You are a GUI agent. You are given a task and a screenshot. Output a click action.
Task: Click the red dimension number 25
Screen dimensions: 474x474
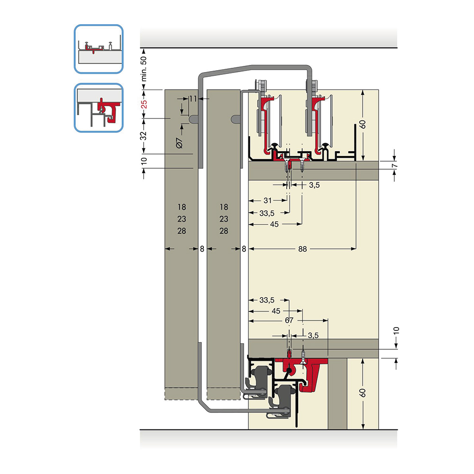[144, 104]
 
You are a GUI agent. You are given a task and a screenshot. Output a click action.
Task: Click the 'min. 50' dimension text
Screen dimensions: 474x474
[144, 69]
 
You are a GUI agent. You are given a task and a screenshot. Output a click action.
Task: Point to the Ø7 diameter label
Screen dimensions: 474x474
[179, 143]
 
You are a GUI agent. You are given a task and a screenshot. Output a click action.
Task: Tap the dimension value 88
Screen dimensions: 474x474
[302, 249]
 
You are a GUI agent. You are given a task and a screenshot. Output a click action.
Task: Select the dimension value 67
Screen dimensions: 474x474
[289, 320]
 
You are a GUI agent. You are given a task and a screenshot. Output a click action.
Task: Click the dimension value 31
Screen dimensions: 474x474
[267, 200]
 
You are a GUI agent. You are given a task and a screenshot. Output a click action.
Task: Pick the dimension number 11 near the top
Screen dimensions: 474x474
[193, 99]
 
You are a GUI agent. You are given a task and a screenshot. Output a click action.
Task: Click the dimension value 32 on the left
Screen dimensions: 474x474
[144, 136]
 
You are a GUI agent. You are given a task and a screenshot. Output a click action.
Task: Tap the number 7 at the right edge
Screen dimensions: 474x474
[394, 166]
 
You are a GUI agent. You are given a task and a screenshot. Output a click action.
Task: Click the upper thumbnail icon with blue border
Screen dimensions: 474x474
[99, 49]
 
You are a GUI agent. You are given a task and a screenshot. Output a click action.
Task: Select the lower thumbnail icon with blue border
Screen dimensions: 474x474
[99, 108]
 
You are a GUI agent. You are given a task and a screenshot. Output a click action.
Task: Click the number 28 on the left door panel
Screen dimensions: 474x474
[182, 231]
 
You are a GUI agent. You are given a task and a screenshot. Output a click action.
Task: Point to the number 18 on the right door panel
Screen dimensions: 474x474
[224, 207]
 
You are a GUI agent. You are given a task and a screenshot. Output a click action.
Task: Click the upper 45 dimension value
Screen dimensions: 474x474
[274, 224]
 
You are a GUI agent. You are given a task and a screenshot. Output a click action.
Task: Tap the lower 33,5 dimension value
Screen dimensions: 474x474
[266, 300]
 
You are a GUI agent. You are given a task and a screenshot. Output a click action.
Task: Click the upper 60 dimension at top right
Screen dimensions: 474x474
[363, 124]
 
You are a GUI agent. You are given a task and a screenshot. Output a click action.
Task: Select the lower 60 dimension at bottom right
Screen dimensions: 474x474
[363, 393]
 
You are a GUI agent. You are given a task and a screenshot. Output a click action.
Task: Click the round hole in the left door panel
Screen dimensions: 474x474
[193, 119]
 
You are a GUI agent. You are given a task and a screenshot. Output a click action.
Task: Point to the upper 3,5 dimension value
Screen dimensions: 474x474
[314, 185]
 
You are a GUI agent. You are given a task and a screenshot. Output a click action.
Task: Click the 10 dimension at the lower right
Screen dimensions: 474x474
[396, 330]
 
